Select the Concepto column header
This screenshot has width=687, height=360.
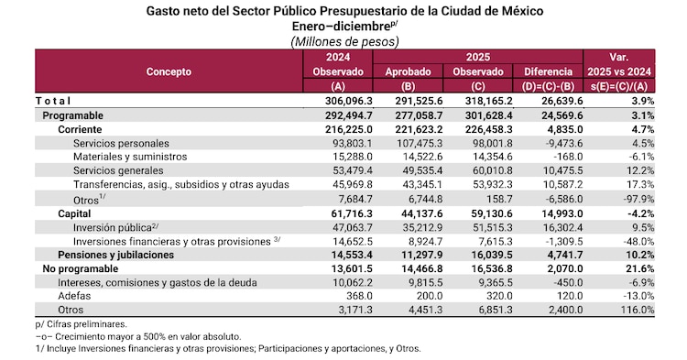point(168,71)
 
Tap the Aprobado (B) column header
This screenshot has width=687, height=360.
point(408,77)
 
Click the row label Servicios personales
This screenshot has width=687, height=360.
point(121,144)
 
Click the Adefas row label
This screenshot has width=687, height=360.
point(74,297)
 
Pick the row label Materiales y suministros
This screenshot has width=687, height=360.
point(130,157)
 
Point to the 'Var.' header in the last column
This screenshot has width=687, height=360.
point(620,57)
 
